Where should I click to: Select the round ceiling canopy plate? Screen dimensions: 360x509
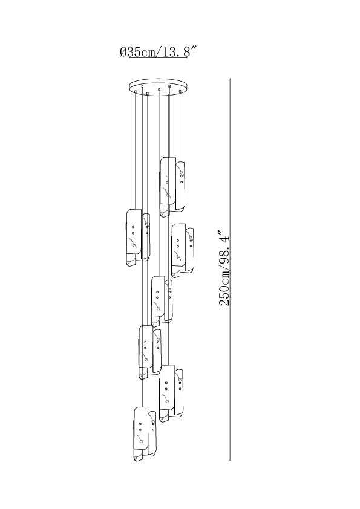click(159, 86)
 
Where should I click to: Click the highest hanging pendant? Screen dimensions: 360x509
click(172, 187)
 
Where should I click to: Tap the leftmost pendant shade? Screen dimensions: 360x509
click(138, 238)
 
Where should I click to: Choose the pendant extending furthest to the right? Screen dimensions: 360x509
click(183, 250)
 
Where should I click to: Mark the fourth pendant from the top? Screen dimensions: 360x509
click(162, 301)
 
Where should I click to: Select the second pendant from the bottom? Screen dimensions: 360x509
click(171, 393)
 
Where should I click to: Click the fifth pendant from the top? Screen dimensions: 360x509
click(150, 352)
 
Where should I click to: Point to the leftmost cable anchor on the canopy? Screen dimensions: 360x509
click(135, 92)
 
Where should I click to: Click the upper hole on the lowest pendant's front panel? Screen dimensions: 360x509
click(140, 424)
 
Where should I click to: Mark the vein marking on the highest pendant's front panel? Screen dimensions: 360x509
click(167, 192)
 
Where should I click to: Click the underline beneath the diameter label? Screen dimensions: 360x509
click(157, 58)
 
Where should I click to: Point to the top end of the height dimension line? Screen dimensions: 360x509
click(230, 78)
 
